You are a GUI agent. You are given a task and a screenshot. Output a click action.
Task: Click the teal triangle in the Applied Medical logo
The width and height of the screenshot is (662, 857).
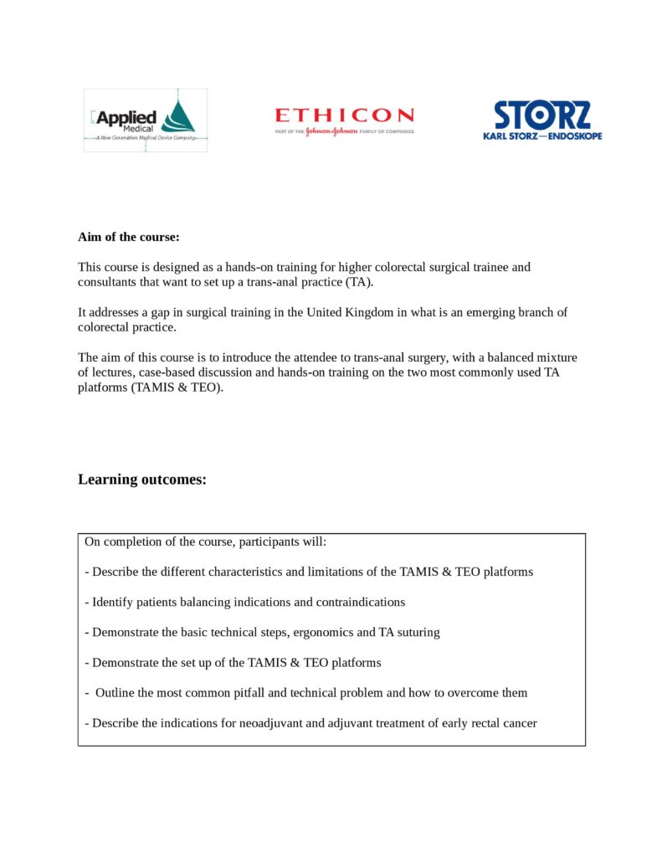tap(179, 116)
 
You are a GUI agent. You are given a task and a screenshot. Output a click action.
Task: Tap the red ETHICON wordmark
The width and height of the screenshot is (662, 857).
tap(344, 115)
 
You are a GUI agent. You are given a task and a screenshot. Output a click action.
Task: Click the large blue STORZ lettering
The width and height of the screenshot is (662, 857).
tap(542, 115)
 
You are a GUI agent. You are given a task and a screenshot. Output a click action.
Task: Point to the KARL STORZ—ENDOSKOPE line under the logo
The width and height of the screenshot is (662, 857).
tap(542, 136)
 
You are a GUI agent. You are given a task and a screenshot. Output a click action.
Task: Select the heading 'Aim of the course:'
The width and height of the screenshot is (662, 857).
tap(129, 237)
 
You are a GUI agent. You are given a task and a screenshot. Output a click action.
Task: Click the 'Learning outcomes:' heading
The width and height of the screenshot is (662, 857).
tap(142, 480)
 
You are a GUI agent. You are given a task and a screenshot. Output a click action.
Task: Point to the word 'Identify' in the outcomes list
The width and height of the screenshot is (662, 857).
tap(114, 602)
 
